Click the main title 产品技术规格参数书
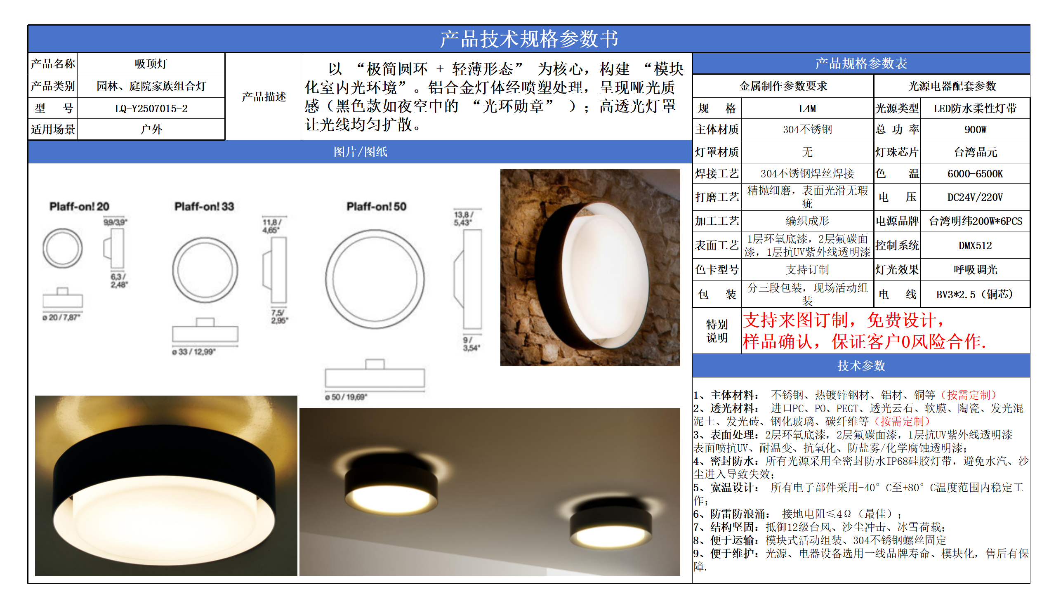click(529, 39)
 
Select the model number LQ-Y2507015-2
click(151, 108)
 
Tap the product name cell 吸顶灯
click(151, 64)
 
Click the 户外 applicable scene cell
click(151, 130)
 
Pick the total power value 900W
click(975, 130)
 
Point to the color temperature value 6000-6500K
click(975, 174)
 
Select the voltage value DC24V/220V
click(975, 197)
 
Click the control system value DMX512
click(975, 245)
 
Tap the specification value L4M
click(807, 108)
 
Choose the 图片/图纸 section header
click(360, 152)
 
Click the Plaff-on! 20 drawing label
click(79, 206)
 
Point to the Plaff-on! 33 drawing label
click(204, 206)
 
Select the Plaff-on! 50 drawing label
click(376, 206)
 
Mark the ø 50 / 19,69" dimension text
click(346, 397)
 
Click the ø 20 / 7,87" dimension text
click(61, 317)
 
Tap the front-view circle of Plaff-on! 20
click(63, 248)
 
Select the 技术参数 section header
click(861, 365)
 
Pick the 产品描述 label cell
click(264, 97)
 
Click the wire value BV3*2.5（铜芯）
click(975, 295)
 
